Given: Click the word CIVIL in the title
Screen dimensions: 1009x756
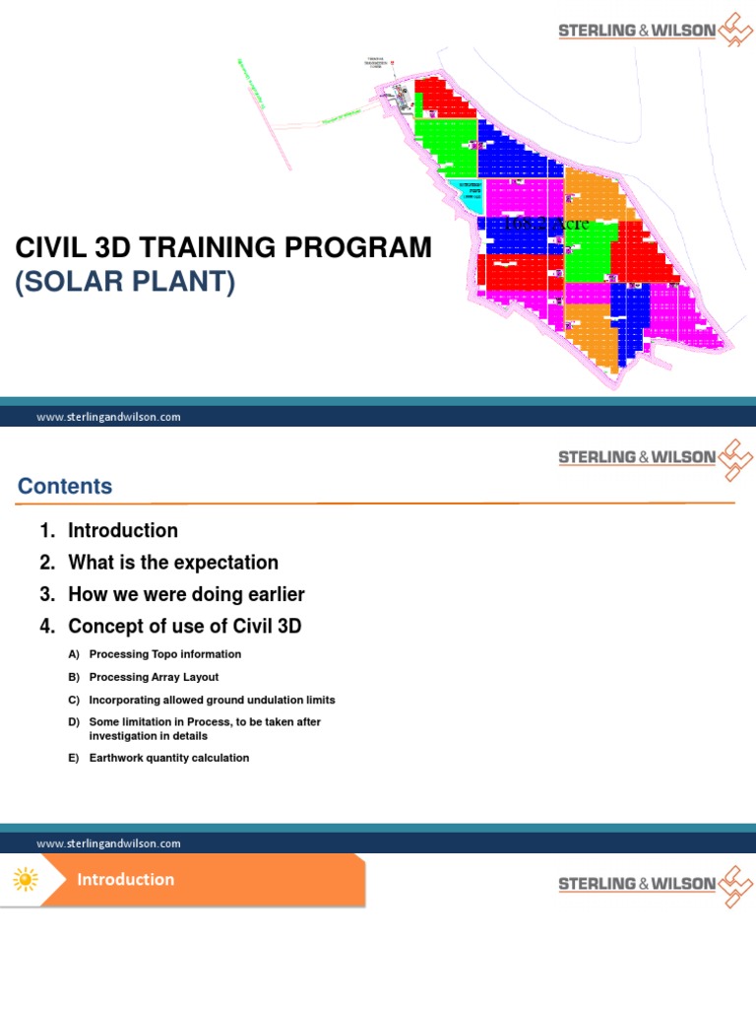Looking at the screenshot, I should click(49, 247).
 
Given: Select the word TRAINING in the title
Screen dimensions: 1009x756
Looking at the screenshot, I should click(210, 247).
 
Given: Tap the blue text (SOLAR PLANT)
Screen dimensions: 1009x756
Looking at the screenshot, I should click(125, 283).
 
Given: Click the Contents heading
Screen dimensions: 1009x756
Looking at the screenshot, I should click(65, 486).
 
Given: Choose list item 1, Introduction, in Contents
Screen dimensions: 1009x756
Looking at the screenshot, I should click(122, 530).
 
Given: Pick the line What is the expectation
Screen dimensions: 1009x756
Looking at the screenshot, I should click(172, 563).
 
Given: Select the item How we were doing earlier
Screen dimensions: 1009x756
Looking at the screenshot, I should click(186, 594).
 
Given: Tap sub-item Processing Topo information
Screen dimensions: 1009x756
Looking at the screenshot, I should click(164, 654).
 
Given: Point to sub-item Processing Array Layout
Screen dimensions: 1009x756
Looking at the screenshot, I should click(154, 677).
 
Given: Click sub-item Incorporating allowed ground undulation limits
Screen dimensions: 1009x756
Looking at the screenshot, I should click(212, 700).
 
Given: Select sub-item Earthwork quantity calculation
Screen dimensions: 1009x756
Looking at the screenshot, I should click(168, 758).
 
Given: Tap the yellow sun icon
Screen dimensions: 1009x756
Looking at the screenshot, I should click(26, 879).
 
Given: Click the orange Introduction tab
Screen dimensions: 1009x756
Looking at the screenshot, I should click(126, 879).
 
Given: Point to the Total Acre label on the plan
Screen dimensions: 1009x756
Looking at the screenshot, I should click(546, 224).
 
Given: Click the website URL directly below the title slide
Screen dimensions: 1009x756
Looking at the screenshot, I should click(108, 417).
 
